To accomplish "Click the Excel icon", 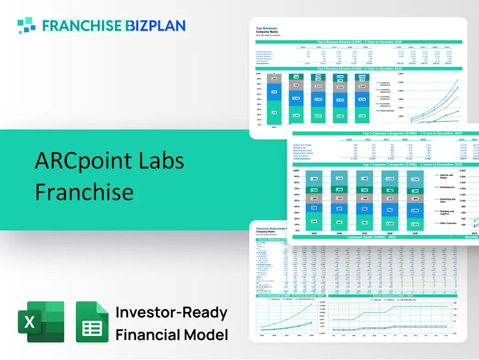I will pyautogui.click(x=41, y=322).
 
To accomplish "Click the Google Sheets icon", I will pyautogui.click(x=92, y=322).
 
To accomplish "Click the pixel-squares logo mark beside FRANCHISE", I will pyautogui.click(x=26, y=25).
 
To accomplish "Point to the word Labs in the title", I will pyautogui.click(x=159, y=161).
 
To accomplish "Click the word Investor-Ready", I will pyautogui.click(x=171, y=313).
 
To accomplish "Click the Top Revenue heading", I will pyautogui.click(x=266, y=28).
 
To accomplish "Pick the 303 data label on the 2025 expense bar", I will pyautogui.click(x=314, y=179).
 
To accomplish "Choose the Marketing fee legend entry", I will pyautogui.click(x=447, y=187).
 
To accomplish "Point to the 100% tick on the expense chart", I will pyautogui.click(x=296, y=170).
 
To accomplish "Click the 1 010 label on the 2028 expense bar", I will pyautogui.click(x=390, y=224).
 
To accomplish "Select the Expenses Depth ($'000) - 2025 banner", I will pyautogui.click(x=371, y=237).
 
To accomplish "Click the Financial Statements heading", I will pyautogui.click(x=271, y=228).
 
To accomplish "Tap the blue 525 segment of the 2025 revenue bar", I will pyautogui.click(x=274, y=92).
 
